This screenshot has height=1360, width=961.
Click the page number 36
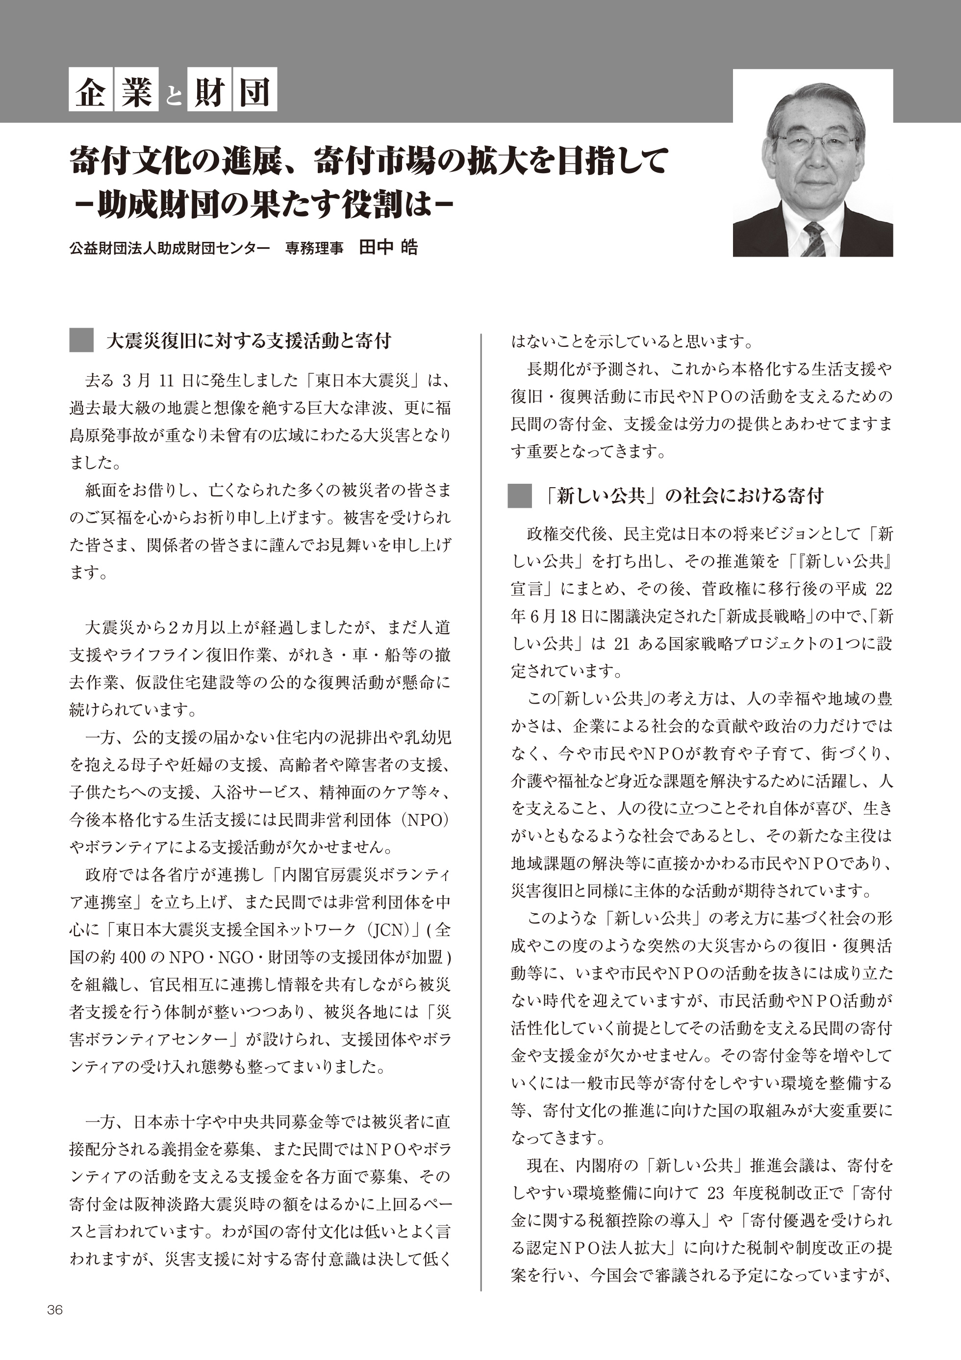pyautogui.click(x=54, y=1309)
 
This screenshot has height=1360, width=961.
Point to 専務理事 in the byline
pyautogui.click(x=314, y=248)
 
